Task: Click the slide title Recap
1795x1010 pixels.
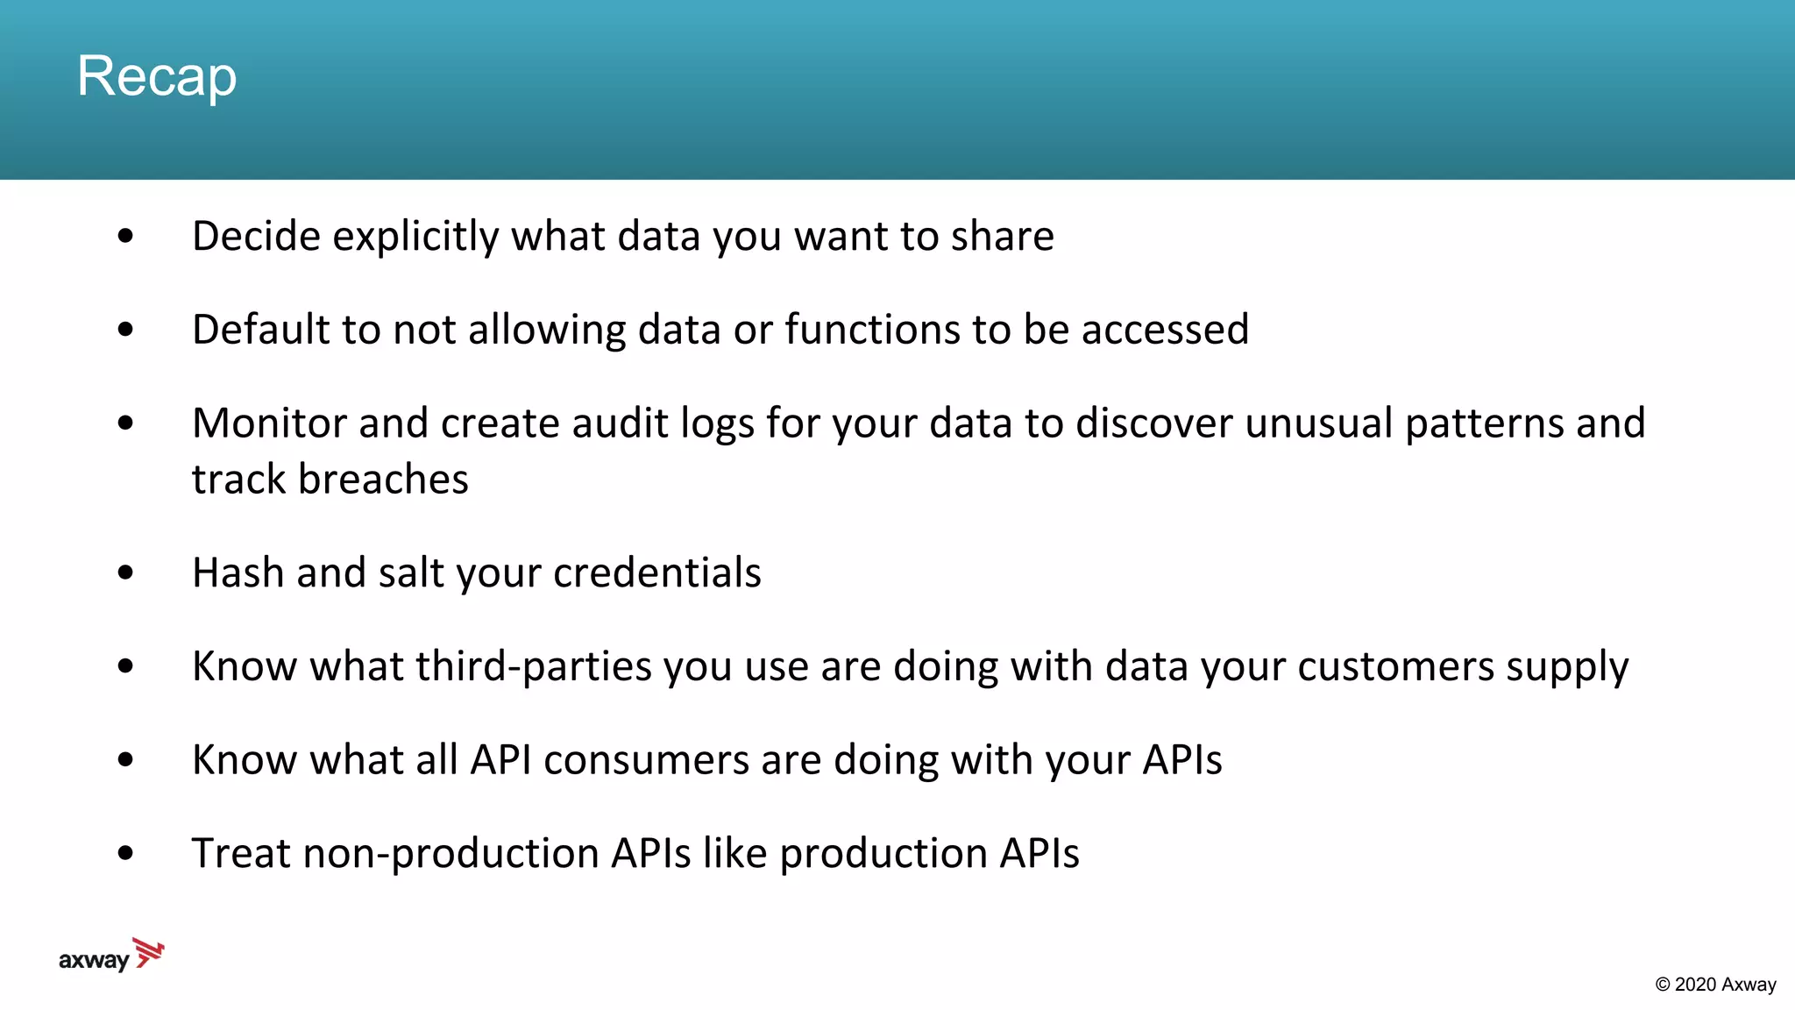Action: coord(157,76)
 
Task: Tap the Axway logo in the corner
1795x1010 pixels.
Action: coord(111,956)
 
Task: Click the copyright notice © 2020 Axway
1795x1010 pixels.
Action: coord(1715,985)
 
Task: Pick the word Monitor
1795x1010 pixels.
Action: coord(269,423)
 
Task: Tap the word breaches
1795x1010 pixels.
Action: coord(383,480)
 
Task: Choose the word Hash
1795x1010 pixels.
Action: coord(238,573)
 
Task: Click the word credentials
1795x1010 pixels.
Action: coord(657,573)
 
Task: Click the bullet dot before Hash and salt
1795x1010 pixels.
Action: coord(125,573)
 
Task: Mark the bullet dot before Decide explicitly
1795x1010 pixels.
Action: coord(125,236)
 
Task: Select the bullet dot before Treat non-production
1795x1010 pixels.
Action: coord(125,853)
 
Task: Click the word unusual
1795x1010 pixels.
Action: coord(1318,423)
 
